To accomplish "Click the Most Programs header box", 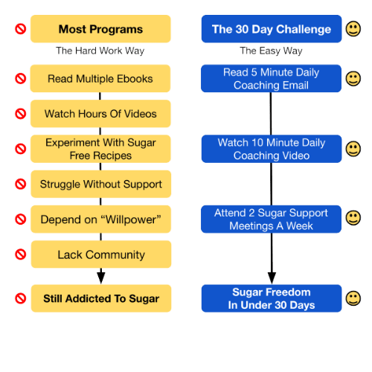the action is [x=100, y=29].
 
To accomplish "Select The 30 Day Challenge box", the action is [x=272, y=29].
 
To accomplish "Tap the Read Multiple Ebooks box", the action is [x=100, y=79].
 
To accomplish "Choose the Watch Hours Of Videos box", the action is [x=100, y=114].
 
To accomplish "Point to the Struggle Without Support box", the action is [x=101, y=184].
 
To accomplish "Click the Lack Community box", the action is [x=101, y=254].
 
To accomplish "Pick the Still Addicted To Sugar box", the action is [x=101, y=298].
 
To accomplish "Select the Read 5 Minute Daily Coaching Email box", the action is [x=271, y=78].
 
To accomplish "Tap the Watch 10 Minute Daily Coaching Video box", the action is [x=272, y=149].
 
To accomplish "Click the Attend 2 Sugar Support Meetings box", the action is [x=271, y=219].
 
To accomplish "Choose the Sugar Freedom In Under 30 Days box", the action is [x=272, y=298].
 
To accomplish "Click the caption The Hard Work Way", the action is [x=100, y=51].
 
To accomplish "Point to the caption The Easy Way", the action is [x=271, y=51].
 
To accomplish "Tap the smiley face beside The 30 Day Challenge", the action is [x=353, y=29].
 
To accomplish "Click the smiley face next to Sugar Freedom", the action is [x=353, y=298].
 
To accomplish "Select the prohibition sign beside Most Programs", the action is [x=21, y=29].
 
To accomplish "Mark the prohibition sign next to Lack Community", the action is [x=21, y=254].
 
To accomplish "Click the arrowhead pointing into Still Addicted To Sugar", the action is [x=101, y=278].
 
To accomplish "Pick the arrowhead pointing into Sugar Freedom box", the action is [x=272, y=278].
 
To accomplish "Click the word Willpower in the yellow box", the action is [x=131, y=219].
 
